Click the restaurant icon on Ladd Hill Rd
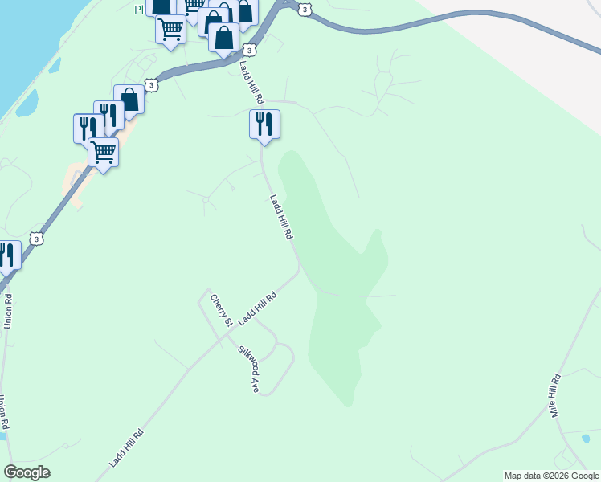coord(264,125)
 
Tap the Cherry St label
coord(221,311)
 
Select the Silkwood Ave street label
coord(248,369)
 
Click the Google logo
coord(27,472)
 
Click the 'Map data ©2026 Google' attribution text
coord(551,476)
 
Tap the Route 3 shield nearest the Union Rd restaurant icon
coord(35,239)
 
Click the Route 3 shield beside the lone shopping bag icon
coord(150,85)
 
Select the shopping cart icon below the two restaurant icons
coord(103,151)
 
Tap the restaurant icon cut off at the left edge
coord(7,255)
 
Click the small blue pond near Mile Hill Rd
coord(586,438)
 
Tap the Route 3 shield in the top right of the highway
coord(304,9)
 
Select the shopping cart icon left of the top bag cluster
coord(170,30)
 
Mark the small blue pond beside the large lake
coord(27,103)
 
